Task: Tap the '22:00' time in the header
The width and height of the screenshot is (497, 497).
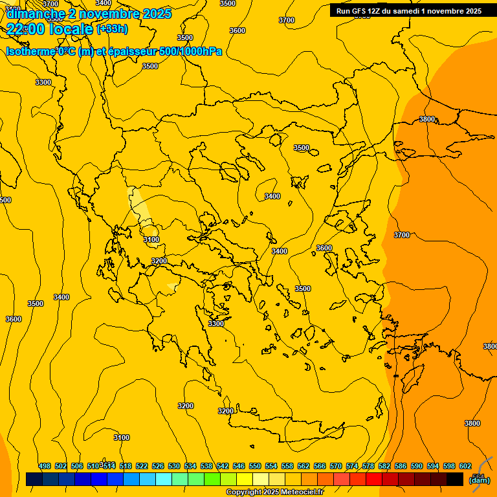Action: pyautogui.click(x=25, y=28)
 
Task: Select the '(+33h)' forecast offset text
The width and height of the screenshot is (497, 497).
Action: pyautogui.click(x=112, y=28)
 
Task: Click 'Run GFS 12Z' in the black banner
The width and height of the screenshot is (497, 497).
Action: pyautogui.click(x=360, y=11)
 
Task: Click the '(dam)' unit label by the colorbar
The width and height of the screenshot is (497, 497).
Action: pyautogui.click(x=480, y=480)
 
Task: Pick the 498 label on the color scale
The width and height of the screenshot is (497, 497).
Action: pyautogui.click(x=45, y=466)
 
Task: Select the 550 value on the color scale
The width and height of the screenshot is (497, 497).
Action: pyautogui.click(x=255, y=466)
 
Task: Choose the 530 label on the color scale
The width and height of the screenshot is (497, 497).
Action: pyautogui.click(x=174, y=466)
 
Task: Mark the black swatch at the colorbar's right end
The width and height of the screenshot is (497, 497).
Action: pyautogui.click(x=454, y=479)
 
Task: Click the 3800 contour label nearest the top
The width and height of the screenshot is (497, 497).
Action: pyautogui.click(x=427, y=119)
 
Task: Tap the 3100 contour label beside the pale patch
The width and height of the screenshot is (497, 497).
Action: pyautogui.click(x=151, y=239)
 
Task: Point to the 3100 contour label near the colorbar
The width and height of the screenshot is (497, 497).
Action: pyautogui.click(x=122, y=437)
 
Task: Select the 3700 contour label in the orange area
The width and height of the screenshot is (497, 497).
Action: pyautogui.click(x=401, y=235)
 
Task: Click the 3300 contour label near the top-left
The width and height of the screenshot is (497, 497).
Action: pyautogui.click(x=43, y=82)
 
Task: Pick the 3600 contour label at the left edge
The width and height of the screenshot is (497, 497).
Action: pyautogui.click(x=13, y=319)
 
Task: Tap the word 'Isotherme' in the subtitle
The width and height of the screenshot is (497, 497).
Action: pyautogui.click(x=30, y=52)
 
